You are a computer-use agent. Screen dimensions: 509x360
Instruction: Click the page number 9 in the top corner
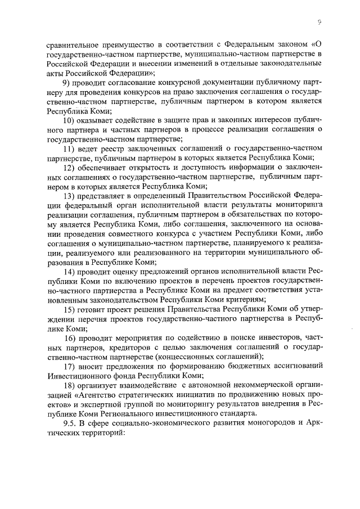click(319, 22)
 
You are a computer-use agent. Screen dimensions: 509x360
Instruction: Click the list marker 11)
click(70, 149)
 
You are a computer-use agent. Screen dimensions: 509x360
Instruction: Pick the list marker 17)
click(70, 367)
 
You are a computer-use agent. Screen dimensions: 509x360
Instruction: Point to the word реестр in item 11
click(107, 149)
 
